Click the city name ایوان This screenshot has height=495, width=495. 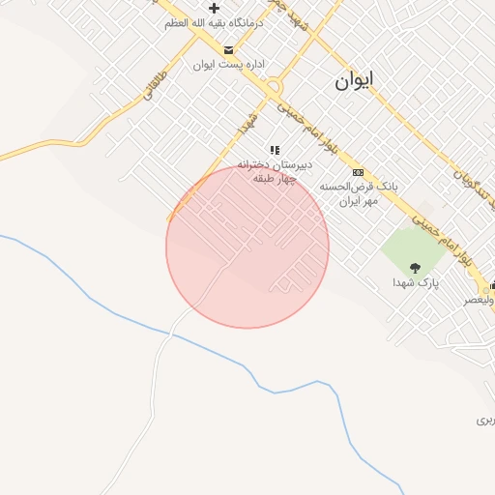tap(354, 81)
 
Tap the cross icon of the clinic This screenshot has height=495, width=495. tap(215, 7)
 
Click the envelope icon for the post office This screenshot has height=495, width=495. tap(228, 49)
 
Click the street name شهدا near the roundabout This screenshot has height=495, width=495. tap(246, 124)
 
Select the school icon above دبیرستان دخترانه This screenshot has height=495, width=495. tap(276, 150)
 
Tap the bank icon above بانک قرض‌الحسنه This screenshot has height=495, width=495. tap(357, 171)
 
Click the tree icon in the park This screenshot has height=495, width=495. tap(416, 267)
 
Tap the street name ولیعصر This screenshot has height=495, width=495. tap(480, 300)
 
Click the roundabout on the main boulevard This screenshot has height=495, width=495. tap(274, 85)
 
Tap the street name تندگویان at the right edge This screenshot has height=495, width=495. tap(474, 184)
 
